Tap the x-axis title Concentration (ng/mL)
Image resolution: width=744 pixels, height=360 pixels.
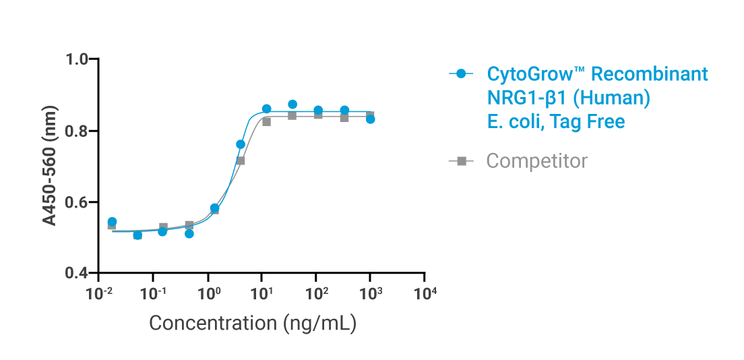coord(252,323)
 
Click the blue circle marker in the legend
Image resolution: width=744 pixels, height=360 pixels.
coord(462,73)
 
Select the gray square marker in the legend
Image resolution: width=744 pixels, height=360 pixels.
coord(462,161)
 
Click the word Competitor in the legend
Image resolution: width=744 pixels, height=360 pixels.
coord(536,161)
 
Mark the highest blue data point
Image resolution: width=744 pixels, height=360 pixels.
coord(292,104)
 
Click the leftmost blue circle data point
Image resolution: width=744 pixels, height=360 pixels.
coord(112,222)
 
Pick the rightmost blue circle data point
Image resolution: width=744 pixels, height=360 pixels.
coord(370,119)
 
